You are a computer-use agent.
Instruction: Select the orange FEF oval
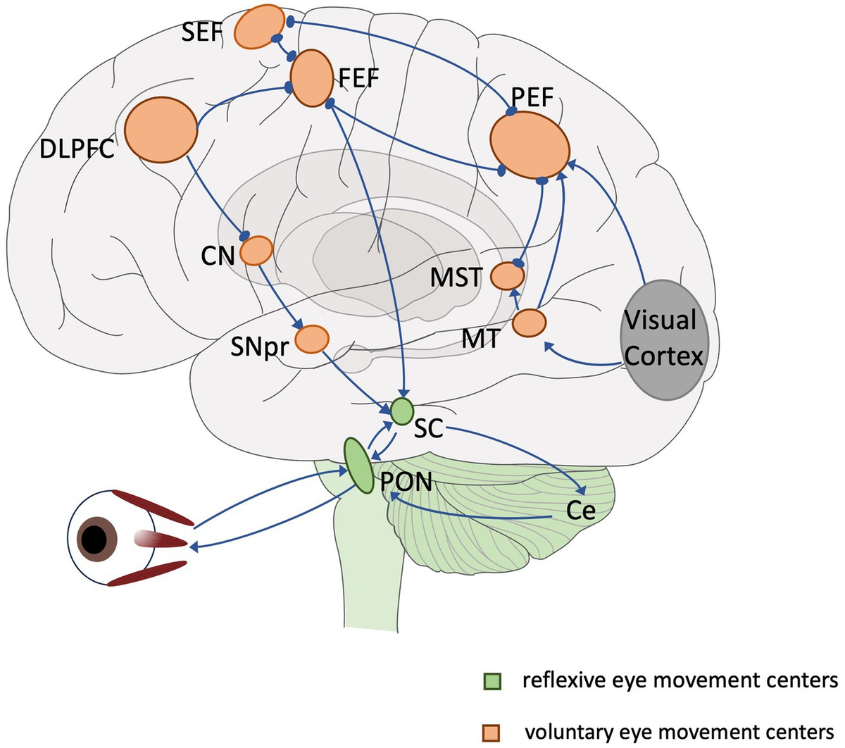click(311, 79)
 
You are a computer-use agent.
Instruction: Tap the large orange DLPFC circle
click(161, 132)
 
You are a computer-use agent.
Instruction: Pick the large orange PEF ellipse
click(530, 146)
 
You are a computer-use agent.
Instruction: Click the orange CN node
click(256, 250)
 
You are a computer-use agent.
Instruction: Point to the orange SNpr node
click(311, 339)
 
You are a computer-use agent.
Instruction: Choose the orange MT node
click(529, 323)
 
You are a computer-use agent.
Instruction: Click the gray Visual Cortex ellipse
click(663, 339)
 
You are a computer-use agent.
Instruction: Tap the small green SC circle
click(401, 411)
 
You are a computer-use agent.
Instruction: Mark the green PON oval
click(358, 465)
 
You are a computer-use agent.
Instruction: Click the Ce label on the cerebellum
click(581, 511)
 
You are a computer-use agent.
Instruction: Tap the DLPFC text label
click(77, 149)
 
